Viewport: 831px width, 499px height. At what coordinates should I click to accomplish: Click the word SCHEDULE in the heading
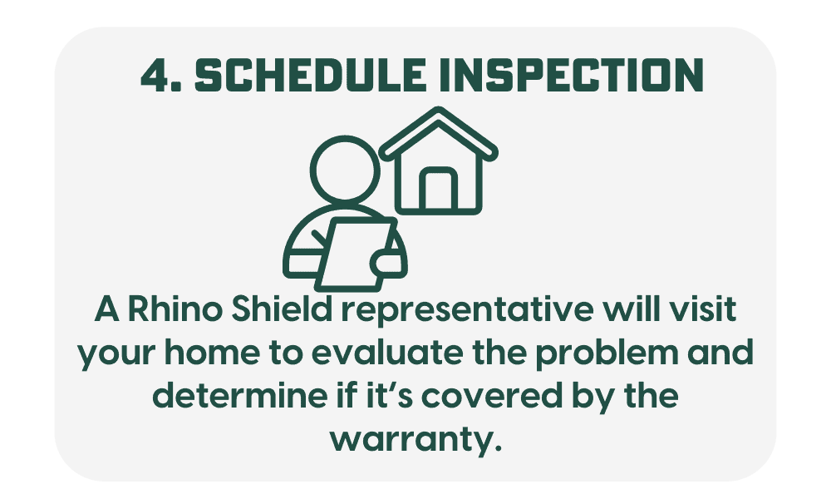click(x=311, y=75)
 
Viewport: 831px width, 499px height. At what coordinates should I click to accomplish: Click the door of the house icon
click(x=438, y=189)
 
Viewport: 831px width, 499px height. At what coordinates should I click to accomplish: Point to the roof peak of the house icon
click(x=438, y=111)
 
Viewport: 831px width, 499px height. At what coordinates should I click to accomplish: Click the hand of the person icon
click(x=382, y=262)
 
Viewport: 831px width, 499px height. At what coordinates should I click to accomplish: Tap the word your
click(x=119, y=356)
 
